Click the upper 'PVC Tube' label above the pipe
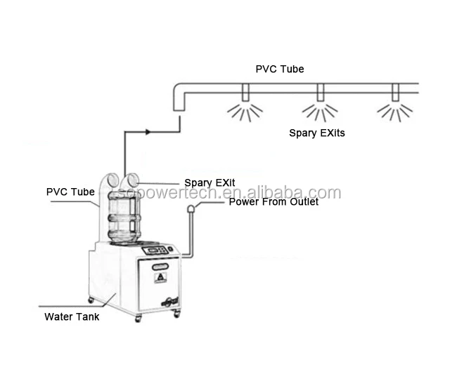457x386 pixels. click(x=279, y=69)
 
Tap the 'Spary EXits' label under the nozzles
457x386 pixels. click(x=317, y=132)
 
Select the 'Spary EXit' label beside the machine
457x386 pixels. click(x=209, y=182)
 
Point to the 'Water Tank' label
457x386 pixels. click(x=72, y=317)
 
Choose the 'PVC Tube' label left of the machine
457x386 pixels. click(x=70, y=192)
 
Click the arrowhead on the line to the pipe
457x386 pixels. click(x=148, y=131)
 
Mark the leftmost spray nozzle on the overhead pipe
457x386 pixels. click(x=245, y=93)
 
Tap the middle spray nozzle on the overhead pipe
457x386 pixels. click(x=320, y=93)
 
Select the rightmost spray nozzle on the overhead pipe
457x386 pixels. click(x=395, y=93)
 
